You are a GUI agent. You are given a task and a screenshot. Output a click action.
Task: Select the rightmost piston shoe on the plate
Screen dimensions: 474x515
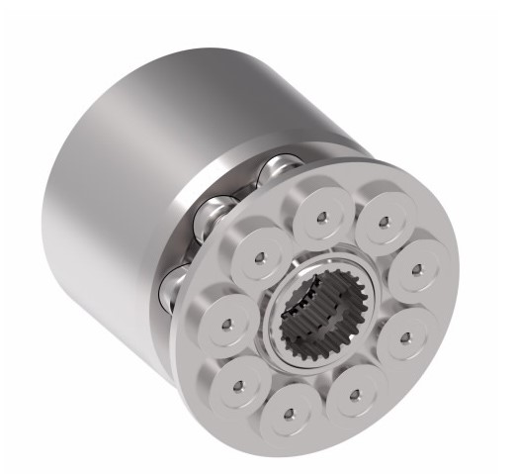click(414, 268)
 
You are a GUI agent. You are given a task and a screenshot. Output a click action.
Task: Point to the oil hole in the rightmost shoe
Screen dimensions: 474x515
click(416, 268)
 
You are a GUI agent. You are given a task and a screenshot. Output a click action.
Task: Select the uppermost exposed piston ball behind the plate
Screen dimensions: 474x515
click(280, 170)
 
